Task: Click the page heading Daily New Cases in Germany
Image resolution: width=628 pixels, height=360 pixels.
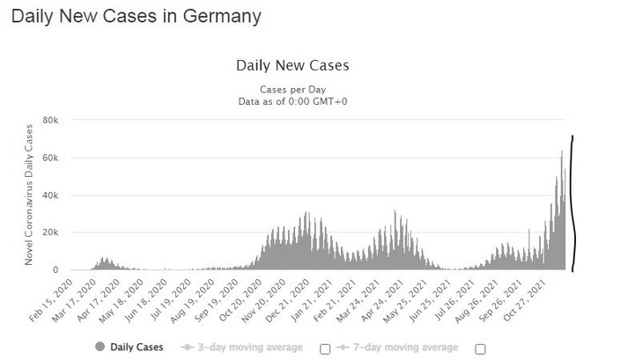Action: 137,16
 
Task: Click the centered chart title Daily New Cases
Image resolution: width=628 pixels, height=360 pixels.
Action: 292,66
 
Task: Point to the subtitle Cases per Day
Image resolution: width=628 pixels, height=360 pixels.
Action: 292,90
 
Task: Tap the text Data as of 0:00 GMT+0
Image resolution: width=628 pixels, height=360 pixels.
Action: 292,101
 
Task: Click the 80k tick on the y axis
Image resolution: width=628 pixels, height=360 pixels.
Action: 50,120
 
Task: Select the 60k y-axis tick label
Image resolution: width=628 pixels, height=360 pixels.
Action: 50,158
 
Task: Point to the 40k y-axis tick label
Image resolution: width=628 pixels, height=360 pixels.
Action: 50,195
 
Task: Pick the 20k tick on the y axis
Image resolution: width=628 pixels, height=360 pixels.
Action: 50,232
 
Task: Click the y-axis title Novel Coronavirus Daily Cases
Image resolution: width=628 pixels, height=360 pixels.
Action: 29,195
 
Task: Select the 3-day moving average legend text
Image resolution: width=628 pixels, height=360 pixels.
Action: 247,347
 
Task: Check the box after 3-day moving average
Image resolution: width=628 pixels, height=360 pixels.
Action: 325,348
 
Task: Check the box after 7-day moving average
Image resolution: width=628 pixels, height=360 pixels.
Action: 480,348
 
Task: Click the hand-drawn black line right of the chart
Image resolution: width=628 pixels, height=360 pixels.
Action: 573,202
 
